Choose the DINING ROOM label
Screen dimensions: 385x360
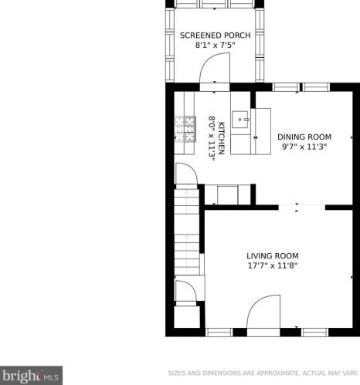(x=304, y=137)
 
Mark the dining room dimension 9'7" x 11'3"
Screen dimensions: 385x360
(x=304, y=147)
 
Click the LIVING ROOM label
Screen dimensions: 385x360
(x=272, y=255)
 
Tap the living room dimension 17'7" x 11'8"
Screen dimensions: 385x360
(x=272, y=266)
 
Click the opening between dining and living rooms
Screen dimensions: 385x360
(x=290, y=207)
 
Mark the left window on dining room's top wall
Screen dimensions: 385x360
(x=286, y=86)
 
